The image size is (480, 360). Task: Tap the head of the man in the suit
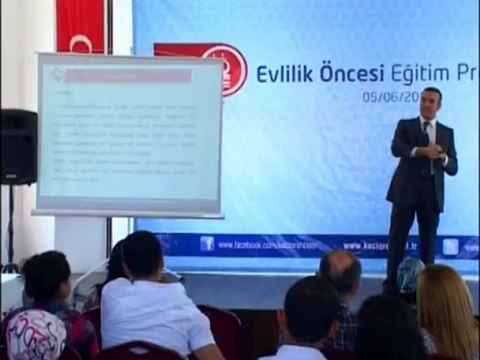point(430,101)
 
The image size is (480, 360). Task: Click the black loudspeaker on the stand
point(18,146)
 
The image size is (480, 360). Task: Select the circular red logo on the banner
point(225,69)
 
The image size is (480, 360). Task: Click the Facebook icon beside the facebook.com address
point(207,243)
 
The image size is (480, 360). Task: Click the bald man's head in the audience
point(341,273)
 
